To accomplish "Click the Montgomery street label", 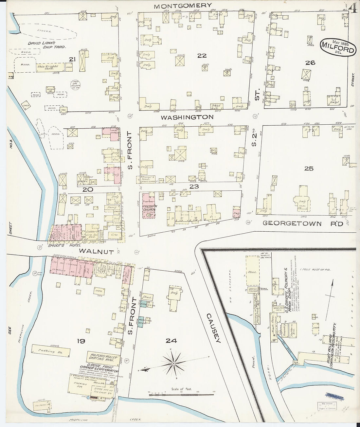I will [183, 6].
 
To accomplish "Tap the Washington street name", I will [187, 117].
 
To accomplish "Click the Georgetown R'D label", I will [302, 223].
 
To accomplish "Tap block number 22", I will [202, 56].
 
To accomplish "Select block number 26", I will [310, 62].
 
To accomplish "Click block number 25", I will [309, 169].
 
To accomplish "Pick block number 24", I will [171, 341].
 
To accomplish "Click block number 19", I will [81, 341].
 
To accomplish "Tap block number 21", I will [72, 59].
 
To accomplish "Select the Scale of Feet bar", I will [181, 395].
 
